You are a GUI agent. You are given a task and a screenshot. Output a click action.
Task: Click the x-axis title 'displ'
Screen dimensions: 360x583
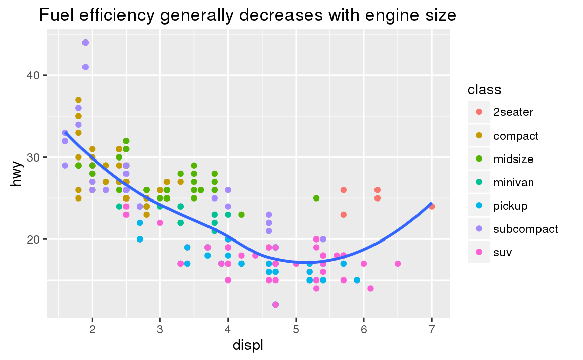[x=248, y=345]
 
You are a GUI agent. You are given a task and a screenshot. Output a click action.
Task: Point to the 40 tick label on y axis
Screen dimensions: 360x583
[x=33, y=75]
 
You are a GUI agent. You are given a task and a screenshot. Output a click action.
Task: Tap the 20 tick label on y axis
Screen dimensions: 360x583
[x=33, y=239]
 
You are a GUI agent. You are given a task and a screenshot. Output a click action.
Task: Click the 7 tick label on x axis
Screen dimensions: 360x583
[x=432, y=330]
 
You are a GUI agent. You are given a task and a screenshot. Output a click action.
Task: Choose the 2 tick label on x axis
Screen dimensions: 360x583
[x=92, y=330]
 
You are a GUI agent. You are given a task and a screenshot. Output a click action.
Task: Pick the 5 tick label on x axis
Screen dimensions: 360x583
[x=296, y=330]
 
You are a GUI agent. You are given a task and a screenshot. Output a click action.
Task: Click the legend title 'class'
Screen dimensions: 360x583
[x=484, y=90]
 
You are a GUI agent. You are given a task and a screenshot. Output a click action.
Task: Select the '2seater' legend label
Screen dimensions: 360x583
[x=513, y=112]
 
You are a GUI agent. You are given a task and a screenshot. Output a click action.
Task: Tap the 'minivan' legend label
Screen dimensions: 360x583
[x=513, y=182]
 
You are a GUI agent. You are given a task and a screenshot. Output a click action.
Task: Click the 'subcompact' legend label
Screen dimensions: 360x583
[x=525, y=229]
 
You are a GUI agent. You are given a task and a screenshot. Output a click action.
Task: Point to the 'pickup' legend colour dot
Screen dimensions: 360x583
[x=479, y=206]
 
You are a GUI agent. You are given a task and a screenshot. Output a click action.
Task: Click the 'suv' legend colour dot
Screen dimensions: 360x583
[x=479, y=252]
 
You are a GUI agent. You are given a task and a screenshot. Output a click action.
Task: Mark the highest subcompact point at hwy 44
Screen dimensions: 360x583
[x=86, y=43]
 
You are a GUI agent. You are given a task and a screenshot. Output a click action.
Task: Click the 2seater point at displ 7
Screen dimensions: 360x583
[x=432, y=206]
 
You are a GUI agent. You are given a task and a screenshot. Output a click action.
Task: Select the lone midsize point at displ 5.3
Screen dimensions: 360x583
[x=316, y=198]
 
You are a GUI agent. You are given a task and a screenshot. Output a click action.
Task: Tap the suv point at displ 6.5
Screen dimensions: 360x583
[x=398, y=263]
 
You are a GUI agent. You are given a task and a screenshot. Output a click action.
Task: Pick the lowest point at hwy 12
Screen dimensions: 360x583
[x=275, y=304]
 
